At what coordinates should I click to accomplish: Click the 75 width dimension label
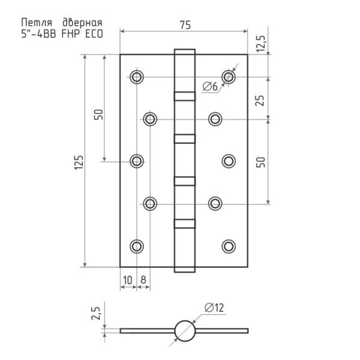(185, 25)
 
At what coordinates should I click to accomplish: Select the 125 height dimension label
(79, 163)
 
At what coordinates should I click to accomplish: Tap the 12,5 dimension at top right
(261, 44)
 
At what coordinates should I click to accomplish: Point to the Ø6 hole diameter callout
(210, 87)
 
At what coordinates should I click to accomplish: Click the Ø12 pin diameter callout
(214, 308)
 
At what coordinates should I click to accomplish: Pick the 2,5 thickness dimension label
(96, 313)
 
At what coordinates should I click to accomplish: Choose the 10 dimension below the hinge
(128, 280)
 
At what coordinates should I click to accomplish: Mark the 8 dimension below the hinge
(143, 280)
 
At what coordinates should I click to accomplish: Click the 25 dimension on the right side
(260, 100)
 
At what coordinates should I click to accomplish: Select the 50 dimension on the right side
(261, 162)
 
